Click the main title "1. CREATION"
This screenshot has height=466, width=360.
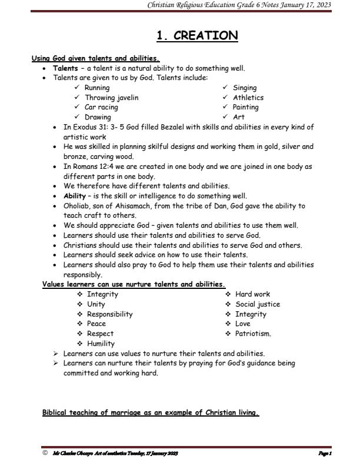click(x=197, y=36)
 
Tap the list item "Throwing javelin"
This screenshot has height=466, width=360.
click(x=112, y=98)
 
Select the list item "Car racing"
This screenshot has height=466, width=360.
click(x=102, y=107)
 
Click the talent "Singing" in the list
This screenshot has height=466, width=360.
click(x=245, y=88)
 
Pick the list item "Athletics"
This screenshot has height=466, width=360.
click(x=248, y=98)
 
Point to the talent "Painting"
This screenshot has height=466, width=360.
click(x=246, y=107)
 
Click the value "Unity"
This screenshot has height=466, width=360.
click(x=96, y=304)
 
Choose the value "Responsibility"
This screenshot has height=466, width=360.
click(x=110, y=314)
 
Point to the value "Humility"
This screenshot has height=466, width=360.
click(x=101, y=344)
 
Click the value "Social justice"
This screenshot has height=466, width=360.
click(x=258, y=304)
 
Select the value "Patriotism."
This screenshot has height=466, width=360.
click(x=253, y=334)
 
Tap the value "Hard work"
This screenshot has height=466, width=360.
click(x=253, y=294)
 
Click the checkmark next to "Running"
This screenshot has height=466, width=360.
click(x=77, y=88)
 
